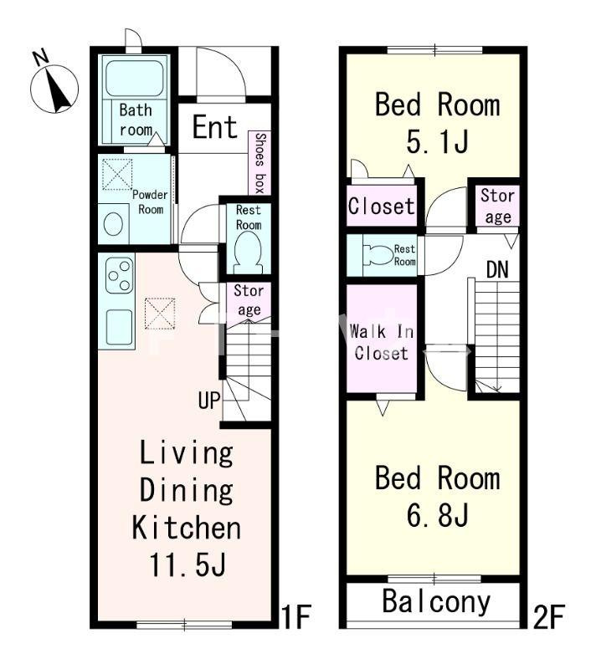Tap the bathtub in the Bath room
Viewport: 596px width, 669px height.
(134, 78)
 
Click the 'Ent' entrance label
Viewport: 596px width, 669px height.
(215, 127)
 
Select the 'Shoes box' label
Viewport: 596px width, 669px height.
(260, 162)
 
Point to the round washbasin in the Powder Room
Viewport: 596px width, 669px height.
(114, 224)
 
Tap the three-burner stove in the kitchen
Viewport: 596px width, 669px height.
(119, 275)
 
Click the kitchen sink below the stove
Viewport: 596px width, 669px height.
(119, 327)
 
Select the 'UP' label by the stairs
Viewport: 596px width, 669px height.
(209, 401)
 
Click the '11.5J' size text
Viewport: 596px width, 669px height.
(187, 564)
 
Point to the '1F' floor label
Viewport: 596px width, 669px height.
(296, 616)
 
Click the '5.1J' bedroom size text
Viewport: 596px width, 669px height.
(437, 141)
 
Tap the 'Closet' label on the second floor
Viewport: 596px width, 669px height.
(381, 206)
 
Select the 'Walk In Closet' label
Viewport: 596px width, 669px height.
(381, 342)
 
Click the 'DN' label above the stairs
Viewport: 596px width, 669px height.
(497, 269)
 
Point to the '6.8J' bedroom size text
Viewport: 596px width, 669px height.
(437, 515)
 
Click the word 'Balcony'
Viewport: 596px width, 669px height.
(436, 601)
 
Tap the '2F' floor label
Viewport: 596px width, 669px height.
(549, 616)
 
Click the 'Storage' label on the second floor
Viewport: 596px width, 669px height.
(498, 206)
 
